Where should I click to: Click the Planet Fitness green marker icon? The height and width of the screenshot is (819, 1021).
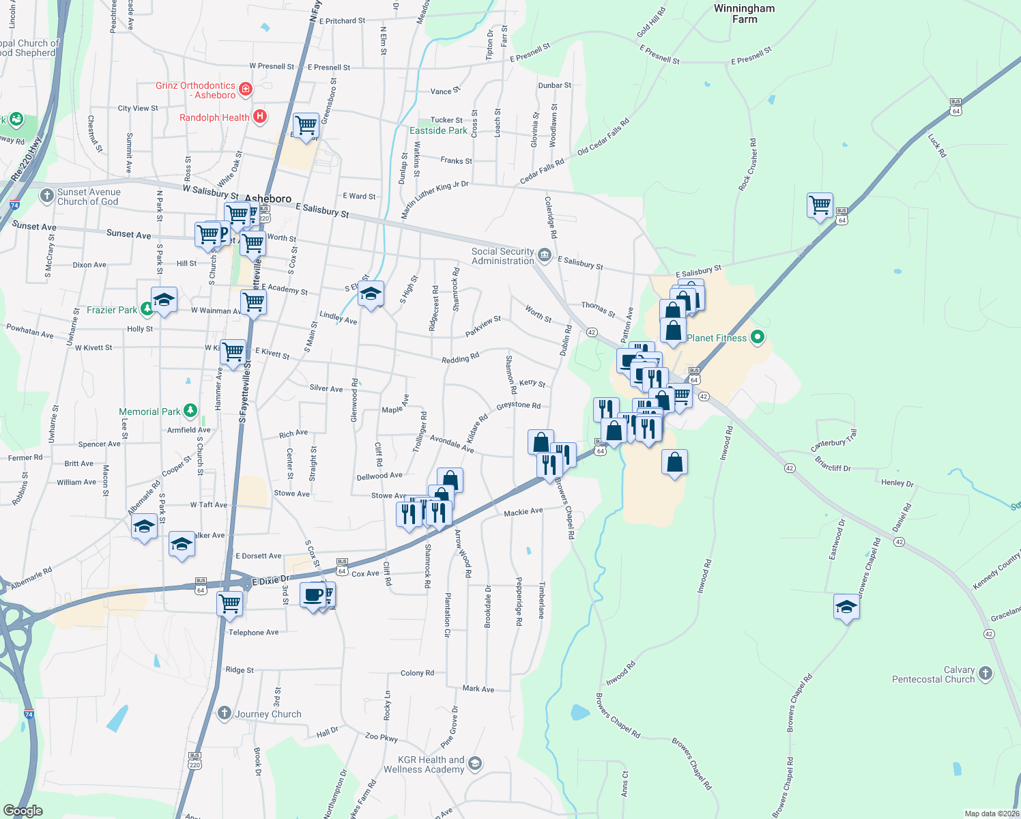757,337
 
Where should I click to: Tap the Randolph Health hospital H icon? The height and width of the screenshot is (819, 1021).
259,117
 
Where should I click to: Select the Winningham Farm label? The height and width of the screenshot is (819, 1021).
744,14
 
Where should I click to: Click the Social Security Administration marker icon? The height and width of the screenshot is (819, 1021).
545,255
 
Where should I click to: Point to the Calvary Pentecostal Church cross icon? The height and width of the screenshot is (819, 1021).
985,674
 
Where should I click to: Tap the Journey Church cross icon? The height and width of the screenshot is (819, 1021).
225,714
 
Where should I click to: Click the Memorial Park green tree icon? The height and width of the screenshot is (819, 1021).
190,411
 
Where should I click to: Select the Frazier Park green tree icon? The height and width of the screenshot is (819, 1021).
147,309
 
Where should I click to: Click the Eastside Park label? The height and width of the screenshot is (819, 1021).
438,130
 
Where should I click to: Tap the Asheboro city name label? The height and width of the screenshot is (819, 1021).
268,199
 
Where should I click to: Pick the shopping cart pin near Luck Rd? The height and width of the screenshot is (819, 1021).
820,205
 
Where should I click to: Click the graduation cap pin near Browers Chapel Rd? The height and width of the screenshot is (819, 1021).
846,607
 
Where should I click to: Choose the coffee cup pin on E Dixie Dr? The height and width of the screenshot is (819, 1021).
313,595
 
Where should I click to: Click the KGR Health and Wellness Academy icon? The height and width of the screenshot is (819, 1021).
475,764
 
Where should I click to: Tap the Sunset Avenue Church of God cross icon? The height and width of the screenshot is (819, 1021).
46,197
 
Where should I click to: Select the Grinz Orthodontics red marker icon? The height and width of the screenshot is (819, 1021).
246,89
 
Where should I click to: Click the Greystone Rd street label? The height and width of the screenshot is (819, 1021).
518,405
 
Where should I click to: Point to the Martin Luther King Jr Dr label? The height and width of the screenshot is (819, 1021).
435,199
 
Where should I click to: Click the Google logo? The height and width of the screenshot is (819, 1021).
23,811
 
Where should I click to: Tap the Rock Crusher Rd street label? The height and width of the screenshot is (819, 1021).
748,164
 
